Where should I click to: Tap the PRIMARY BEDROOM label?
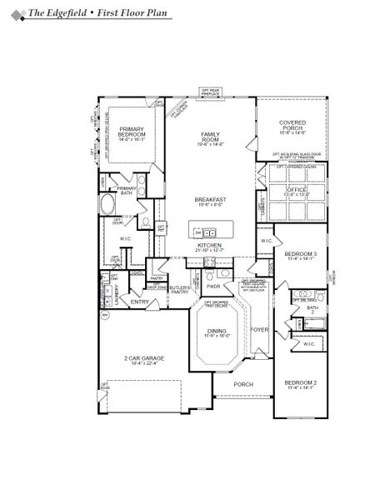pos(132,132)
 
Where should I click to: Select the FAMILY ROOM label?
pos(210,137)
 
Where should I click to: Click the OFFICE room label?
pos(296,190)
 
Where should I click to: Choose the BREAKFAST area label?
pos(210,199)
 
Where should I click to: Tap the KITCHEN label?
pos(209,244)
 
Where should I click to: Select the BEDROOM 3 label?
pos(300,253)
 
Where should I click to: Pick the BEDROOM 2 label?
pos(300,383)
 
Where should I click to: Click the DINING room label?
pos(216,331)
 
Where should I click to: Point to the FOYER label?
pos(260,327)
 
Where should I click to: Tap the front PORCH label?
pos(242,384)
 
